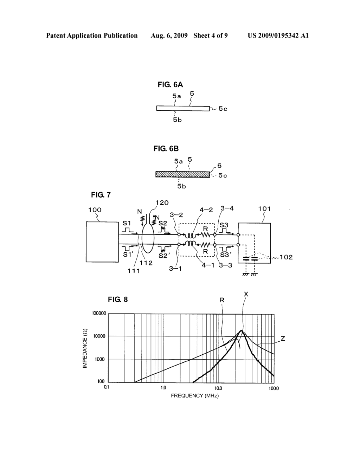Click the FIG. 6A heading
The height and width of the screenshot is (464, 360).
pos(170,85)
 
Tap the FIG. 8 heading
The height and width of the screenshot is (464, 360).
pos(118,299)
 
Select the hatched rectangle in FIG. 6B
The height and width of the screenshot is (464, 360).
pos(182,174)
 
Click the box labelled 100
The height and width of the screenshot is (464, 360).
pos(102,242)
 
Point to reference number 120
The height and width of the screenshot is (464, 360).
pos(162,202)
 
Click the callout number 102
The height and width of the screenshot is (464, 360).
pos(286,257)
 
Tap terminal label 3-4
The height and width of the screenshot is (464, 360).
pos(227,208)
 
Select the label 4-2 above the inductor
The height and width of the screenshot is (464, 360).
pos(206,210)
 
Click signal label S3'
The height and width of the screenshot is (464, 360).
pos(225,256)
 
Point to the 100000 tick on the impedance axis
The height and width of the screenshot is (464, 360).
pos(99,313)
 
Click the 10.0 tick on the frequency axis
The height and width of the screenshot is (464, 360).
pos(218,388)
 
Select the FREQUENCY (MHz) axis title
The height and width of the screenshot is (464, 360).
pos(195,396)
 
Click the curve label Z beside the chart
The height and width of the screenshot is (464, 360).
pos(283,339)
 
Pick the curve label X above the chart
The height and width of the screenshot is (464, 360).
pos(246,294)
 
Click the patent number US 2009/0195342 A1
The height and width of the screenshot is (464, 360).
pos(278,36)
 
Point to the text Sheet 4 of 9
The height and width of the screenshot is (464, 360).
pos(210,36)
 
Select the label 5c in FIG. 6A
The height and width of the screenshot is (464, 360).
pos(223,109)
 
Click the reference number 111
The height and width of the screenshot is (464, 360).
pos(134,271)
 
